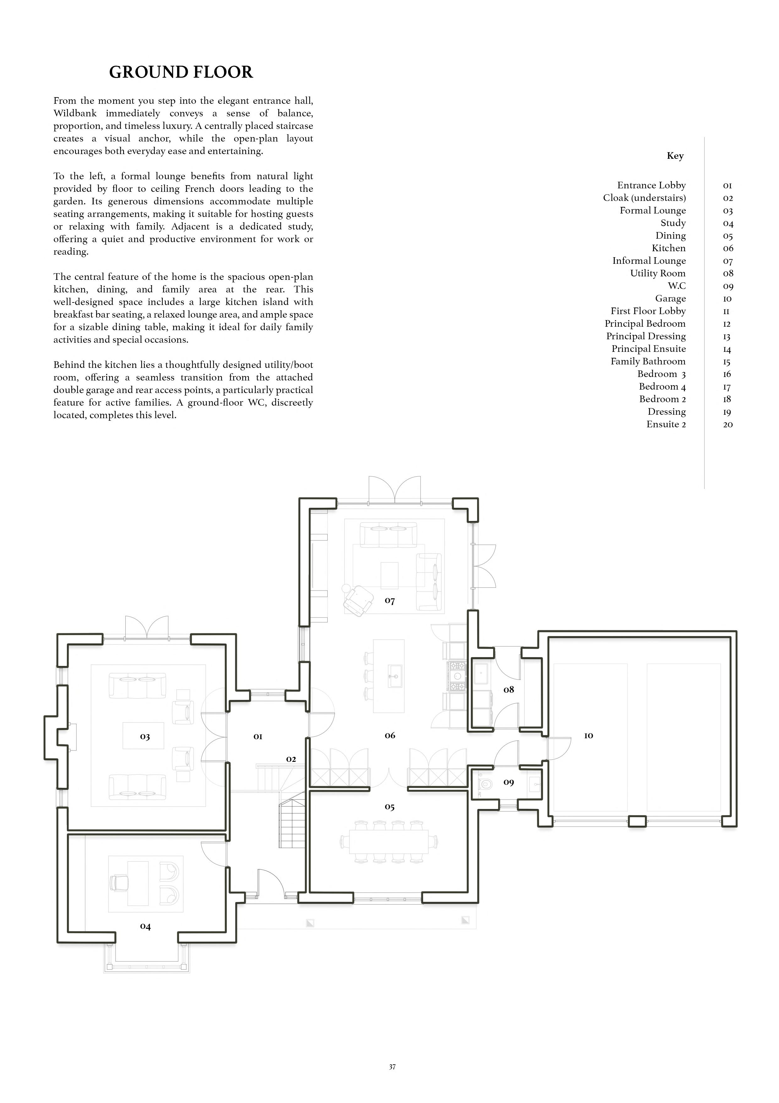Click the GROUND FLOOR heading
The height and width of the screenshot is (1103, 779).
coord(181,72)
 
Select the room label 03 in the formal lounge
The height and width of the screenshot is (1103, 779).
coord(145,736)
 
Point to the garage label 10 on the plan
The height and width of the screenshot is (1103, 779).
coord(588,735)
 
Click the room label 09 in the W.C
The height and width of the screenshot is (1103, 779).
coord(509,782)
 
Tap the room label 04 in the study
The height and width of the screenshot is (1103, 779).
coord(145,926)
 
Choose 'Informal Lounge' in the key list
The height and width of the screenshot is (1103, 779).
coord(649,261)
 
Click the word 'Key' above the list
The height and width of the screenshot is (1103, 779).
coord(675,156)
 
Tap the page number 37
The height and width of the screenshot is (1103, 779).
coord(392,1080)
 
